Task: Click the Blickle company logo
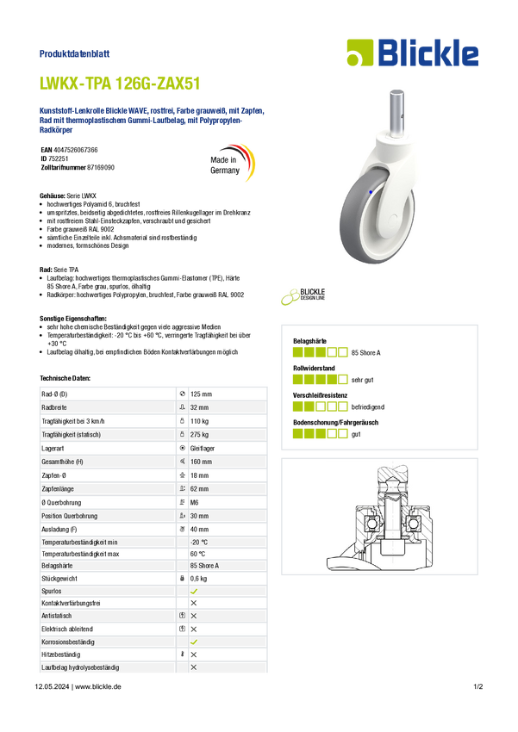(413, 53)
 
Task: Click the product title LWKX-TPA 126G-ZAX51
(120, 84)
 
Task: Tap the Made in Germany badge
(232, 163)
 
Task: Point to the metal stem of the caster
(396, 112)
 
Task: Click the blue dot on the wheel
(371, 192)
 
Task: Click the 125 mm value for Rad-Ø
(201, 394)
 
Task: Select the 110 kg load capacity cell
(199, 421)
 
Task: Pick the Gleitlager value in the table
(203, 448)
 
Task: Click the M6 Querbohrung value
(194, 502)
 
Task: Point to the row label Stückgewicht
(59, 579)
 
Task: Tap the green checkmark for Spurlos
(194, 591)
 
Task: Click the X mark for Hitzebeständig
(194, 654)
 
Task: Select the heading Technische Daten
(65, 378)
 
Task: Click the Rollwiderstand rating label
(314, 368)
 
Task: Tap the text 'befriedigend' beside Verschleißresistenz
(367, 407)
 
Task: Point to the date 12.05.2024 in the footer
(52, 686)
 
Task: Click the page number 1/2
(478, 686)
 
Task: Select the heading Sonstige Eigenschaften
(73, 319)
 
